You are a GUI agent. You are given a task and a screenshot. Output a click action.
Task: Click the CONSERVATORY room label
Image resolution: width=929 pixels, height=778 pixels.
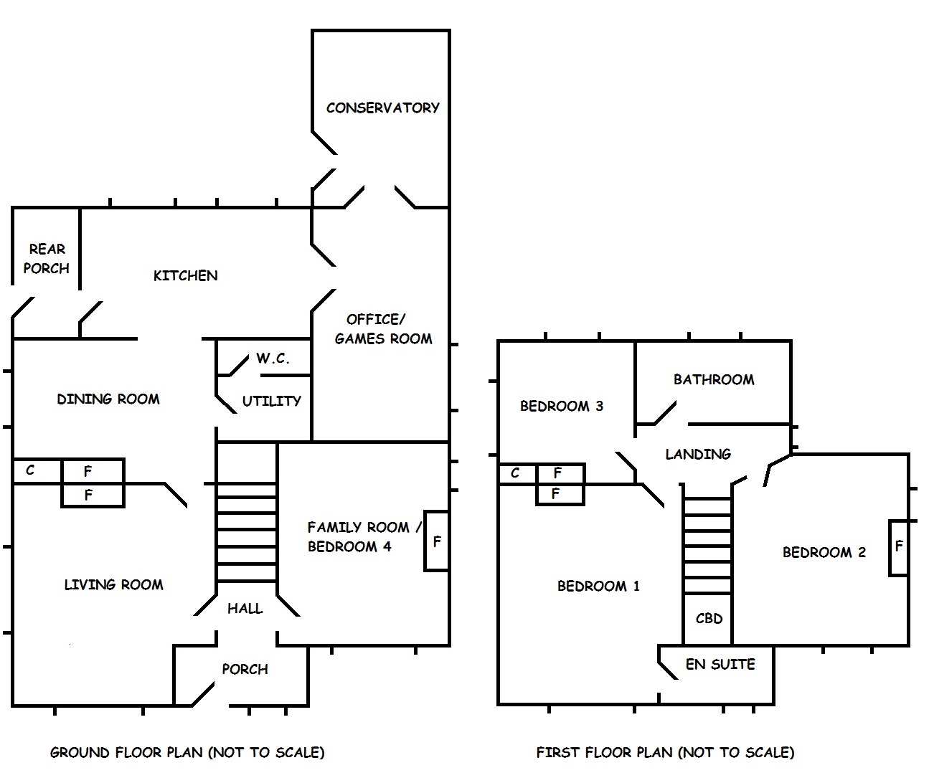click(382, 108)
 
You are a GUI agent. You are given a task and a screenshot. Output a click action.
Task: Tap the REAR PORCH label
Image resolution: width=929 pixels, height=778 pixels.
click(47, 258)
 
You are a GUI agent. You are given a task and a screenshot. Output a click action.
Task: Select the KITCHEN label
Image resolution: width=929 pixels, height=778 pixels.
click(185, 275)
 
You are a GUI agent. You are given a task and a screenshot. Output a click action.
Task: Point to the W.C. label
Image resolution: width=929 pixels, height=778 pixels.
click(273, 359)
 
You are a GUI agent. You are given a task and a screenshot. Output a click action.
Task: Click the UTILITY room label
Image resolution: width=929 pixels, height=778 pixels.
click(271, 401)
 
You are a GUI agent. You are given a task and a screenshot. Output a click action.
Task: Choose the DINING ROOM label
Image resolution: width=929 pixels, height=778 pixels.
click(108, 399)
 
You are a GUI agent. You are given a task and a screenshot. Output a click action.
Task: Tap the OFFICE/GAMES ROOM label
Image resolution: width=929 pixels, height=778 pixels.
click(383, 328)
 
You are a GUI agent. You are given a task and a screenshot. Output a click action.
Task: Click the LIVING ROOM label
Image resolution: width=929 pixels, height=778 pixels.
click(113, 584)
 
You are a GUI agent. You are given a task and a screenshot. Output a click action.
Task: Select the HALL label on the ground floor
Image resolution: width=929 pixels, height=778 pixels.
click(245, 608)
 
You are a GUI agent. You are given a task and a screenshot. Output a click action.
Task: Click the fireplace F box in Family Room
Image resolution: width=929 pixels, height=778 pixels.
click(436, 541)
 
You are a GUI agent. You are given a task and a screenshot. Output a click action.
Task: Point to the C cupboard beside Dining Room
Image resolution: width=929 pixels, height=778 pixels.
click(30, 470)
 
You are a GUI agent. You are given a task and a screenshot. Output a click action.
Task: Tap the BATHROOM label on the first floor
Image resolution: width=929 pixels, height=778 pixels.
click(714, 379)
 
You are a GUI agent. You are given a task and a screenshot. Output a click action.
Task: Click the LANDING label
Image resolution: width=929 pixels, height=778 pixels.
click(698, 453)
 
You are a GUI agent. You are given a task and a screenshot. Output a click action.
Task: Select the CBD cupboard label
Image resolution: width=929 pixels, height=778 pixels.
click(709, 618)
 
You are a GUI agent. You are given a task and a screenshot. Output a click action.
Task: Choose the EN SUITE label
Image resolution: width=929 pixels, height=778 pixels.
click(720, 664)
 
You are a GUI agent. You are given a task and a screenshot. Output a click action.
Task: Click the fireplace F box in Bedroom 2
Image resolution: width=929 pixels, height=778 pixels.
click(899, 546)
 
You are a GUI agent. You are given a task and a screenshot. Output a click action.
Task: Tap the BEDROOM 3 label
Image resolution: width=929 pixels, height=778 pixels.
click(562, 406)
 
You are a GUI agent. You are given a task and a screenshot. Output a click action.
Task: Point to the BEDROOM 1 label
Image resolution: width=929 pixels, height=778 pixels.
click(598, 586)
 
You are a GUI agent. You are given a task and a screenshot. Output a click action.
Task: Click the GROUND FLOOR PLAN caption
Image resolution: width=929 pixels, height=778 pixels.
click(187, 752)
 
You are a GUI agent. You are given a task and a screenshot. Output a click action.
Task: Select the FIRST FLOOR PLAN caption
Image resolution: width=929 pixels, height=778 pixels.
click(665, 752)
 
